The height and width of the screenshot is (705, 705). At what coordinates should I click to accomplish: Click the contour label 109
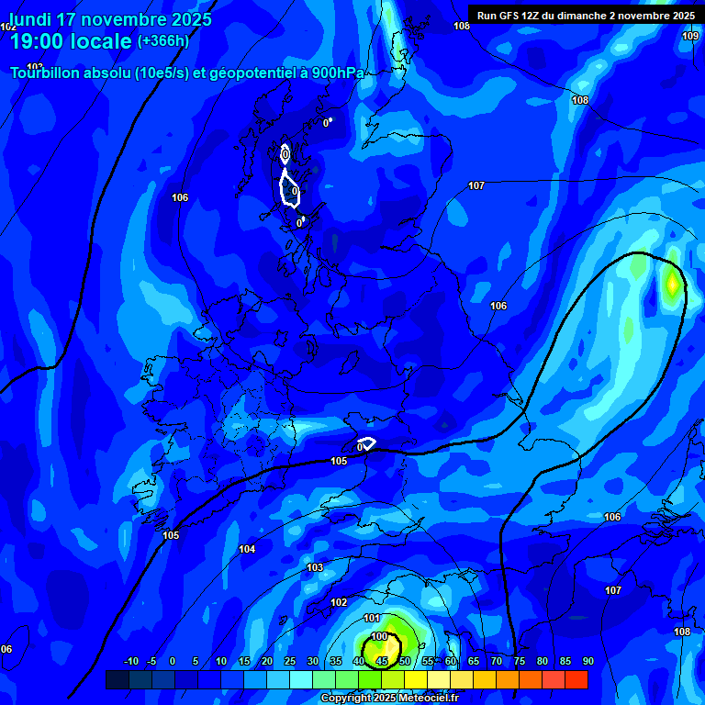pyautogui.click(x=690, y=36)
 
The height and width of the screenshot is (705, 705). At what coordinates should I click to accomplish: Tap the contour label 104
pyautogui.click(x=247, y=549)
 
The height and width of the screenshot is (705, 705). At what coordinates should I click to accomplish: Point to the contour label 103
pyautogui.click(x=315, y=567)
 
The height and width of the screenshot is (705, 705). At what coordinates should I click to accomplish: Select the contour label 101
pyautogui.click(x=372, y=618)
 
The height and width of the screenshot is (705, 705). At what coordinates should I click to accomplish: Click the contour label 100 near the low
pyautogui.click(x=379, y=636)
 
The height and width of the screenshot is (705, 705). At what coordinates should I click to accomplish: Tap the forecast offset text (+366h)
pyautogui.click(x=162, y=41)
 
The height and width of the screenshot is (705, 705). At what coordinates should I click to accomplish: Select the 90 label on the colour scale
pyautogui.click(x=587, y=661)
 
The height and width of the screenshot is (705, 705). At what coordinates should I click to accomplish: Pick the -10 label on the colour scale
pyautogui.click(x=130, y=661)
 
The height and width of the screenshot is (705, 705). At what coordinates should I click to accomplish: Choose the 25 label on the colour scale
pyautogui.click(x=289, y=661)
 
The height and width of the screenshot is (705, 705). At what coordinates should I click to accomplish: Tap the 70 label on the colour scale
pyautogui.click(x=496, y=661)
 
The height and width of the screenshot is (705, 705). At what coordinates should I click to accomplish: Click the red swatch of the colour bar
pyautogui.click(x=576, y=679)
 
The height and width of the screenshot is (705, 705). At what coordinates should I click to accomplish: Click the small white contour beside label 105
pyautogui.click(x=366, y=443)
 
